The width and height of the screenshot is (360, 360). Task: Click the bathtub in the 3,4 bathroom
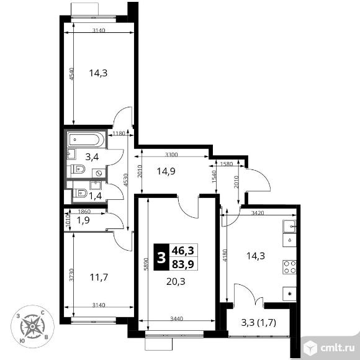pyautogui.click(x=86, y=140)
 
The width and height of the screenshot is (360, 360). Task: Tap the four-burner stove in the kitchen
pyautogui.click(x=289, y=267)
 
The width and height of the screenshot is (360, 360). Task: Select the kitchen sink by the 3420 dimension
pyautogui.click(x=289, y=226)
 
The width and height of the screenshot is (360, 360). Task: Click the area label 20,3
pyautogui.click(x=176, y=281)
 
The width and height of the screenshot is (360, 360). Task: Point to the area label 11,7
pyautogui.click(x=99, y=277)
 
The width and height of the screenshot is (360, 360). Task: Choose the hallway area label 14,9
pyautogui.click(x=166, y=171)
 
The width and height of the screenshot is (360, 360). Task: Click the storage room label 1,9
pyautogui.click(x=83, y=220)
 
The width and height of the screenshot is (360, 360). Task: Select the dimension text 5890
pyautogui.click(x=146, y=264)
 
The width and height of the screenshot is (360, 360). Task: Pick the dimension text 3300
pyautogui.click(x=171, y=155)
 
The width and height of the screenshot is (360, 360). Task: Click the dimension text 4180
pyautogui.click(x=225, y=255)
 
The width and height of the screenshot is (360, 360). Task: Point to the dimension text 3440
pyautogui.click(x=176, y=318)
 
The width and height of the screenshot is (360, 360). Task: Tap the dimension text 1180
pyautogui.click(x=119, y=133)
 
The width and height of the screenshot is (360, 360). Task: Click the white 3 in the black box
pyautogui.click(x=161, y=257)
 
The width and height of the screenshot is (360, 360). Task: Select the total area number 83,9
pyautogui.click(x=183, y=264)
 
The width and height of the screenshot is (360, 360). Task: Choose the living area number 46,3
pyautogui.click(x=183, y=251)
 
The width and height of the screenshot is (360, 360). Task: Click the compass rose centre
pyautogui.click(x=33, y=326)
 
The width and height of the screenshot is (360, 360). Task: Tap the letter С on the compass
pyautogui.click(x=42, y=313)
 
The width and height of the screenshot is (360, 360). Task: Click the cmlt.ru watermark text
pyautogui.click(x=337, y=348)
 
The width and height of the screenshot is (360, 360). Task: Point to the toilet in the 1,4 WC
pyautogui.click(x=79, y=193)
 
